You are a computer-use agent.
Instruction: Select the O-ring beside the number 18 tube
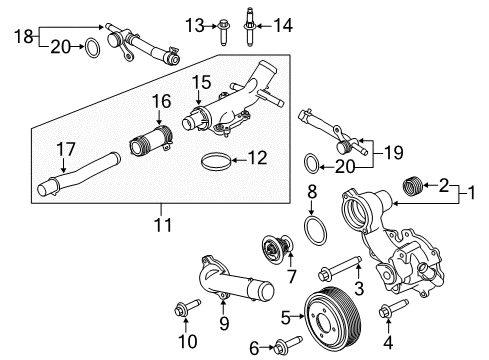[x=89, y=46]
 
